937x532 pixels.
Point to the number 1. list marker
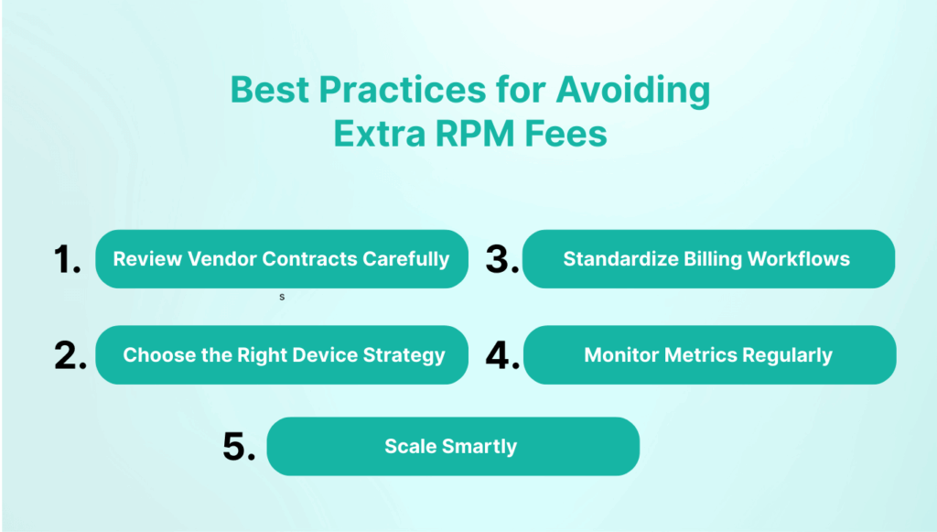[x=69, y=260]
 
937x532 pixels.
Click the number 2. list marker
[x=70, y=355]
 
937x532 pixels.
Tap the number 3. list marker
[x=502, y=260]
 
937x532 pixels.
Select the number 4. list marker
[x=502, y=355]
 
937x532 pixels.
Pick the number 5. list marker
[x=239, y=447]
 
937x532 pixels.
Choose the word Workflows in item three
[x=795, y=259]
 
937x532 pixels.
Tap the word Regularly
[x=787, y=355]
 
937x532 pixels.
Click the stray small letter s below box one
[x=282, y=298]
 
